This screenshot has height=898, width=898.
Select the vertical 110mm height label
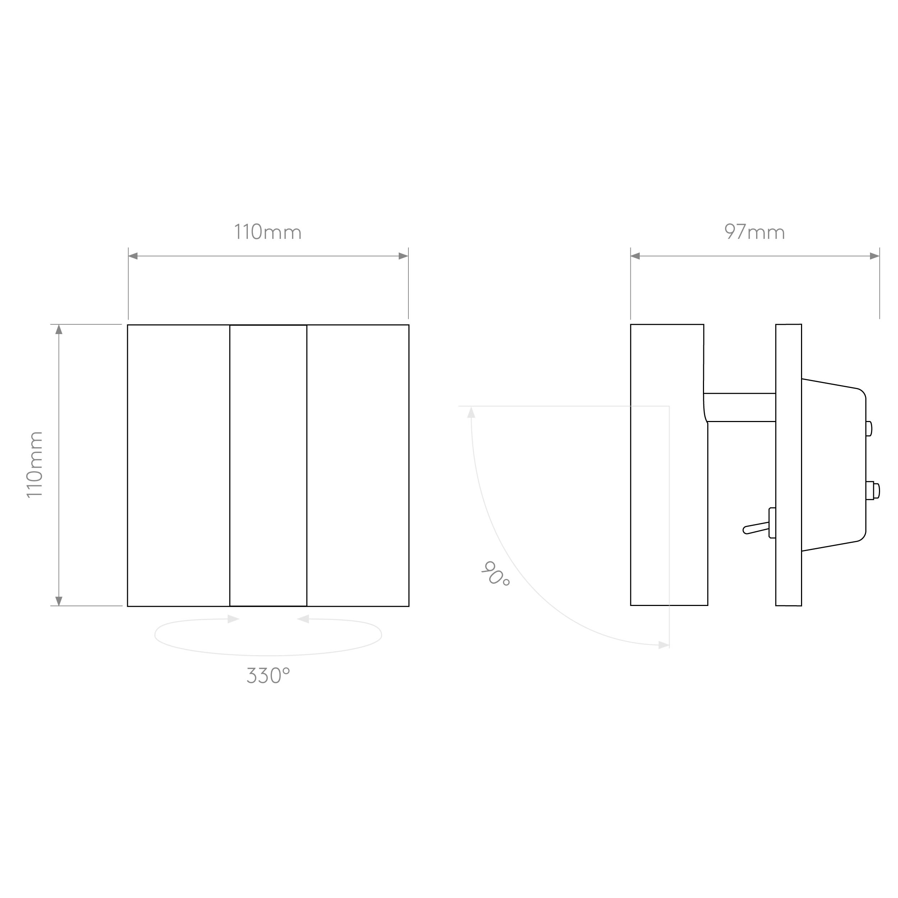(34, 464)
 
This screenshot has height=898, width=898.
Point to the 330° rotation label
(268, 675)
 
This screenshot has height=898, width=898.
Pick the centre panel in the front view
(268, 465)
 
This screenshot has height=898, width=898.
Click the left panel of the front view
(179, 465)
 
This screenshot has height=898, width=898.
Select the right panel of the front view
(358, 465)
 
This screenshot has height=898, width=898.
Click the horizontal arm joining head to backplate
(740, 407)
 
